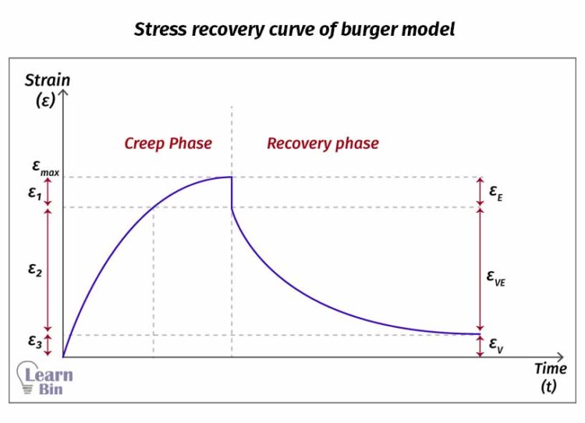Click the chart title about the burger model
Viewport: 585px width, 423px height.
[294, 30]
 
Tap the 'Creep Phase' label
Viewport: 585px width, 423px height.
[168, 143]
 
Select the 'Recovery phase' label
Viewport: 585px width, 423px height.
[322, 143]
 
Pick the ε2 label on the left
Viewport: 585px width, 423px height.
[34, 270]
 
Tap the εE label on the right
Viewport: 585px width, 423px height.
[496, 191]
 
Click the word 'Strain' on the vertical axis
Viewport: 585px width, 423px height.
[47, 79]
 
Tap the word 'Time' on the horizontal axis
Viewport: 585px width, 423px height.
[550, 368]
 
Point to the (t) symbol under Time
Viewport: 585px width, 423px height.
[548, 386]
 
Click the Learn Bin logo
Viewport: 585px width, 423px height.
[45, 379]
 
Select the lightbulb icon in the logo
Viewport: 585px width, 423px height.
[25, 379]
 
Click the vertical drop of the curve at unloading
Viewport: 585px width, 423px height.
[232, 192]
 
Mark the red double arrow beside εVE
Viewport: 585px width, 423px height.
[480, 270]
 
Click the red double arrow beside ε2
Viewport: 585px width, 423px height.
[48, 270]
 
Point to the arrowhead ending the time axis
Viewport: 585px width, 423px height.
[562, 358]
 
